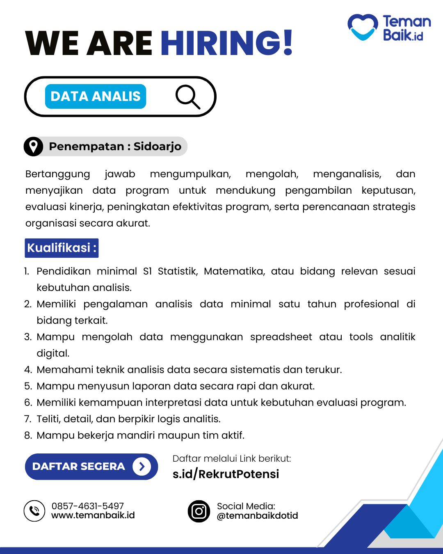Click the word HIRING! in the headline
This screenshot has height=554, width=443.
pyautogui.click(x=226, y=43)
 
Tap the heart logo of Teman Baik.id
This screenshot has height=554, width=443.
pyautogui.click(x=363, y=27)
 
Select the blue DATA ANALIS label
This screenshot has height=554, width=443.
pyautogui.click(x=96, y=96)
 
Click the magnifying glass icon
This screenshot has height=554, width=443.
pyautogui.click(x=187, y=97)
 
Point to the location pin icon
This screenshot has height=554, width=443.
pyautogui.click(x=33, y=147)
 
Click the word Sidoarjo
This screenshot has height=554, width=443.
pyautogui.click(x=158, y=147)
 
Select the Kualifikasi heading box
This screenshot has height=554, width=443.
pyautogui.click(x=62, y=248)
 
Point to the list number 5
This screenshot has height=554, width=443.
pyautogui.click(x=28, y=386)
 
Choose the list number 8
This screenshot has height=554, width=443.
pyautogui.click(x=28, y=435)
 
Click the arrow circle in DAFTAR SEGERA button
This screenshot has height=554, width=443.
pyautogui.click(x=142, y=467)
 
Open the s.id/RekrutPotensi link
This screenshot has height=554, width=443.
pyautogui.click(x=226, y=474)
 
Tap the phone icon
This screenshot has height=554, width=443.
pyautogui.click(x=34, y=511)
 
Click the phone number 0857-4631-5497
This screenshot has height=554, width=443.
pyautogui.click(x=87, y=506)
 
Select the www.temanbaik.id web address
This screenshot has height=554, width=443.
pyautogui.click(x=93, y=515)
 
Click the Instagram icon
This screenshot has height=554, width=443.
pyautogui.click(x=199, y=511)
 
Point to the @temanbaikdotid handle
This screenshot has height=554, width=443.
pyautogui.click(x=258, y=516)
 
